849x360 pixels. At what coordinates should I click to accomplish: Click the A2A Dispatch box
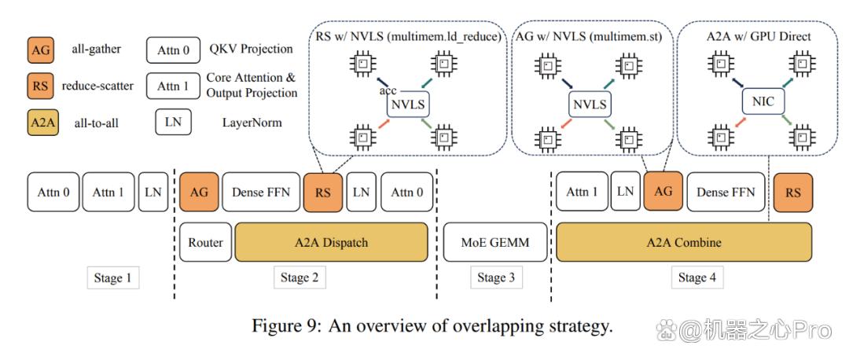(x=332, y=241)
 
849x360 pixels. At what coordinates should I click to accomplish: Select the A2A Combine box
(x=684, y=241)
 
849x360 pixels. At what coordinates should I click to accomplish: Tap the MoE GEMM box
(x=495, y=241)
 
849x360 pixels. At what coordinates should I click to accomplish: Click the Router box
(x=205, y=241)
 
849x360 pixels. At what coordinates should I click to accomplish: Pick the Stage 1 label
(x=113, y=278)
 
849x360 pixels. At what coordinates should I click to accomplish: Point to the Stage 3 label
(x=496, y=278)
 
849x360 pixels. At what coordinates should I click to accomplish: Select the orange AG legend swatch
(x=39, y=50)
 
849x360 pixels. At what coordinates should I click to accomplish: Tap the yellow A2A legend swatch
(x=42, y=123)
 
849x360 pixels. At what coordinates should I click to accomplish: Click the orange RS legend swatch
(x=39, y=86)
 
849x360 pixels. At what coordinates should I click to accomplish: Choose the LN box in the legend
(x=173, y=123)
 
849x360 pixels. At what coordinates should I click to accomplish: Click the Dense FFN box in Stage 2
(x=261, y=192)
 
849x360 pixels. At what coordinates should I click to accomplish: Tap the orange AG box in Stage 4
(x=663, y=191)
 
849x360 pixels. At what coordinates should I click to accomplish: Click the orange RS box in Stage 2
(x=323, y=192)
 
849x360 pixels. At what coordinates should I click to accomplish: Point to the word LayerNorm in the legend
(x=252, y=123)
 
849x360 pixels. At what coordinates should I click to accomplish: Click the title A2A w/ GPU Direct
(x=758, y=37)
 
